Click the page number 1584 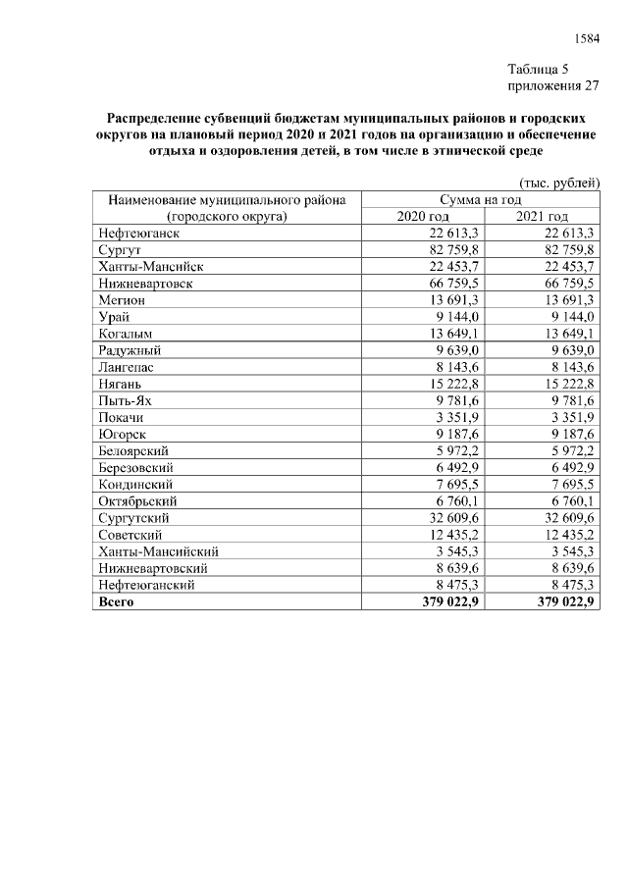(x=586, y=39)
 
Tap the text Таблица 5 (x=538, y=69)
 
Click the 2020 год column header (x=423, y=216)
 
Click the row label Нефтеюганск (x=138, y=233)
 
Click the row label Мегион (x=123, y=300)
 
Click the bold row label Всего (x=116, y=601)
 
